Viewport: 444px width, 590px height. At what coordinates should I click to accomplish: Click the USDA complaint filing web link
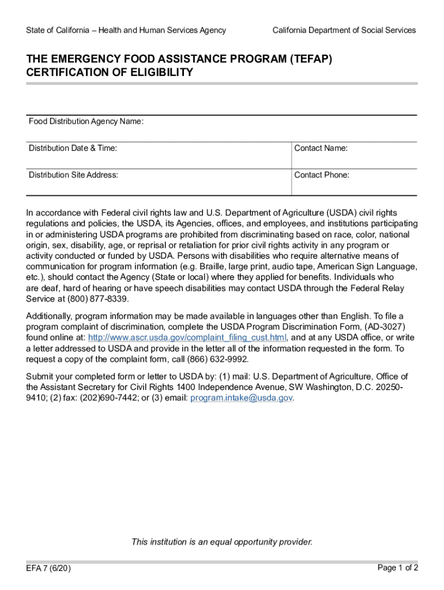tap(187, 338)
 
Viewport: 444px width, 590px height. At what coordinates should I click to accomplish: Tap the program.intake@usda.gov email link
tap(241, 398)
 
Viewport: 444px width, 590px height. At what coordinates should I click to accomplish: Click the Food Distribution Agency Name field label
tap(86, 122)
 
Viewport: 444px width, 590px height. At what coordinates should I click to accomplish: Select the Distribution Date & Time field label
tap(73, 148)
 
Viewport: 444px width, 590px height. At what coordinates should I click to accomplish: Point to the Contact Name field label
tap(321, 148)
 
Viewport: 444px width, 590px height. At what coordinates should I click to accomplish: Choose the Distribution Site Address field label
tap(74, 175)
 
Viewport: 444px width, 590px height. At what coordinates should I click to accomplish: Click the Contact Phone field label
tap(322, 175)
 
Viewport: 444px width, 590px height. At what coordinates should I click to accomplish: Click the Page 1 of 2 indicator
tap(398, 568)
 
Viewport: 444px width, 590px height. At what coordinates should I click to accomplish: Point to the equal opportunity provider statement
tap(222, 542)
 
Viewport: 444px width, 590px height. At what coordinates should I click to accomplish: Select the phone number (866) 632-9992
tap(217, 359)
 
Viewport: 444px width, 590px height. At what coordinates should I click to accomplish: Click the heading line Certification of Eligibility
tap(110, 73)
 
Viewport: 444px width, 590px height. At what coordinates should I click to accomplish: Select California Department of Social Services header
tap(344, 30)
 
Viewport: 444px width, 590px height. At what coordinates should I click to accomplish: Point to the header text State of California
tap(58, 30)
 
